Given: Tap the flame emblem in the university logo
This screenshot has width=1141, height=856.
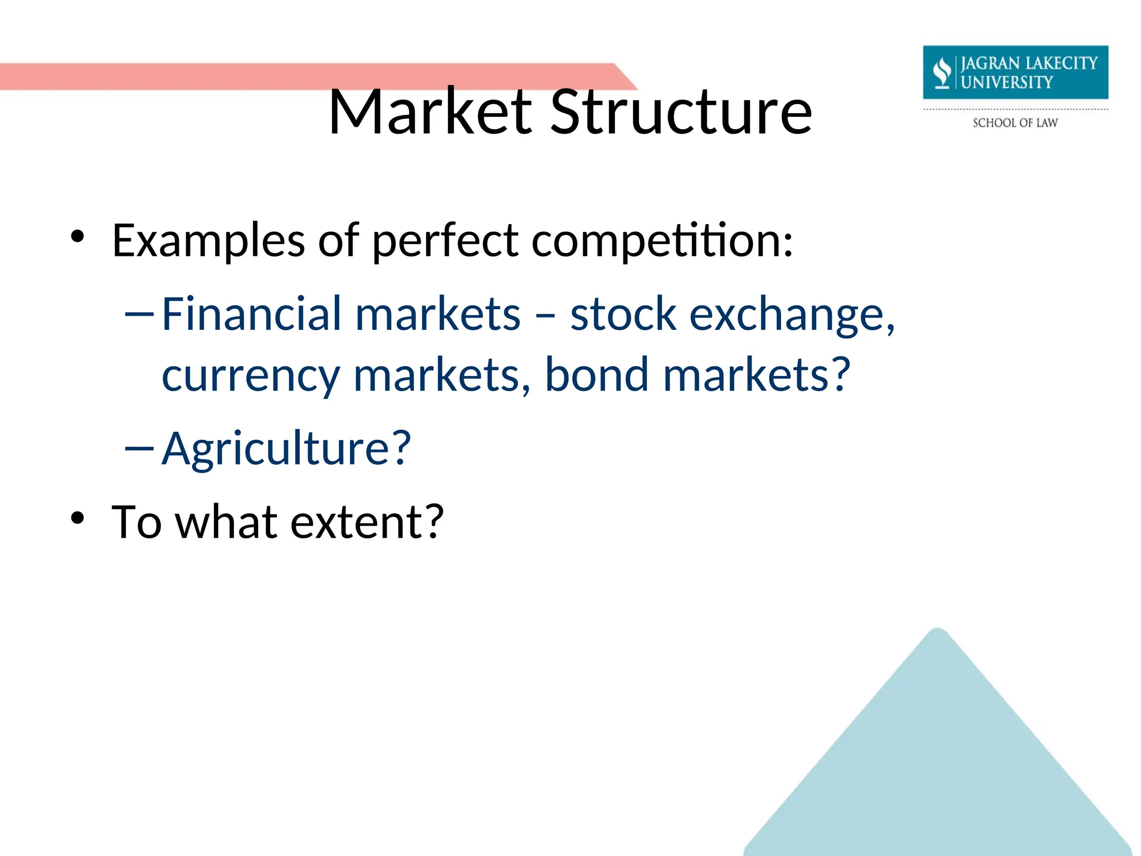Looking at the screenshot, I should point(942,72).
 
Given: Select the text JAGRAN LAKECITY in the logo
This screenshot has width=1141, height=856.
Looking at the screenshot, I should point(1028,63).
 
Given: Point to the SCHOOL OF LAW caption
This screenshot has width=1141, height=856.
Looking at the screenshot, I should point(1015,123).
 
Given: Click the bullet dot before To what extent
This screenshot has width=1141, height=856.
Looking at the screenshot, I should point(77,518).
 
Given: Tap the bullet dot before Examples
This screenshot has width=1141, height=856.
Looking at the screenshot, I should point(77,237).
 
